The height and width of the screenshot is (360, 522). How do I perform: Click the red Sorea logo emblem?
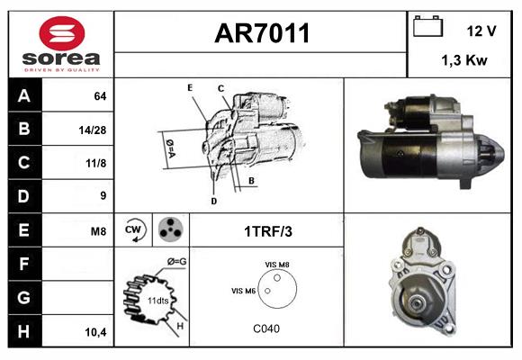pos(62,33)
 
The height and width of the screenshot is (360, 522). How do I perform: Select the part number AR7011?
pos(262,33)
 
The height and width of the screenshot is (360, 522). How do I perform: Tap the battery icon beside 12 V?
pos(427,26)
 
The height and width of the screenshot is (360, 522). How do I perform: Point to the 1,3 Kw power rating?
pos(464,60)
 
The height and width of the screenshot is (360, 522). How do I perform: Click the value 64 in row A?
pos(100,96)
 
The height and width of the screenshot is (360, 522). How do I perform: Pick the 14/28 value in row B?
pos(93,130)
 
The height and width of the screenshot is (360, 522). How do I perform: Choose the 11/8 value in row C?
pos(96,163)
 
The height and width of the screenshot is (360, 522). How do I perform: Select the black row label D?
pos(24,196)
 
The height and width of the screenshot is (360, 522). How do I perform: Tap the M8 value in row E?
pos(98,231)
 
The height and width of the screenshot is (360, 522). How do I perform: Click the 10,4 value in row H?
pos(96,332)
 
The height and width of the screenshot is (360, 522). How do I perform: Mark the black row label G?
pos(24,297)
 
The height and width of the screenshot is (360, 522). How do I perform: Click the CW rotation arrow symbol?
pos(133,229)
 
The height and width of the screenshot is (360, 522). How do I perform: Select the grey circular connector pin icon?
pos(171,229)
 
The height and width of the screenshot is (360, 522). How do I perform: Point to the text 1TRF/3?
pos(268,231)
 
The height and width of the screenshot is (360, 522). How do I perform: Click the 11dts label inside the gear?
pos(158,301)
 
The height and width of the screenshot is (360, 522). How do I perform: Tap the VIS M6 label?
pos(243,291)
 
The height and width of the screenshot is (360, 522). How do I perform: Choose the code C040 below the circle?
pos(266,328)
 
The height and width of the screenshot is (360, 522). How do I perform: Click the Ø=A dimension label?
pos(170,148)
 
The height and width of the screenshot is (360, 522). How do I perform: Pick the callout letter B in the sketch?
pos(251,181)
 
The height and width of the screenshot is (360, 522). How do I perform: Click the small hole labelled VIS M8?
pos(277,278)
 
